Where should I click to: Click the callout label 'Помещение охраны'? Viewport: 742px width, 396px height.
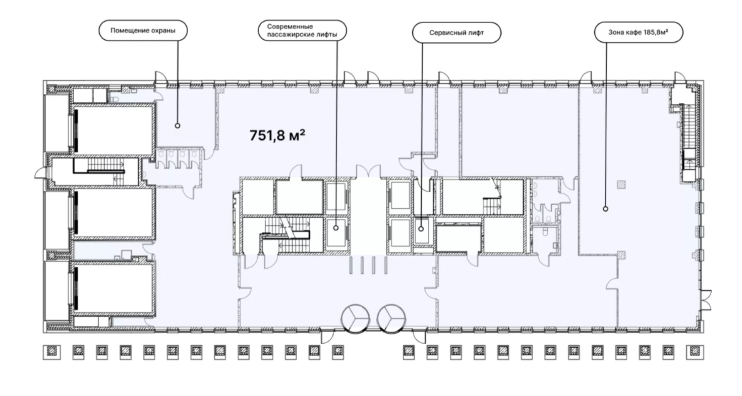coord(143,30)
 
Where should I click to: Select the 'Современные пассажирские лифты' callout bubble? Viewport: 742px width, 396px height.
coord(302,30)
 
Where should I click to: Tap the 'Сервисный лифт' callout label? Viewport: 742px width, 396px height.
coord(456,33)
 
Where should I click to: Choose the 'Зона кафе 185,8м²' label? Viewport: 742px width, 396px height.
coord(638,32)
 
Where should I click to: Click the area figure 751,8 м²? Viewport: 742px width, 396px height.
coord(277,135)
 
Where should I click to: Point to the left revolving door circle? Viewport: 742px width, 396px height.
coord(355,319)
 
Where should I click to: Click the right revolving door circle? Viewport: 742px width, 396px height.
coord(391,319)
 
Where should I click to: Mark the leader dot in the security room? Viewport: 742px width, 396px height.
coord(178,125)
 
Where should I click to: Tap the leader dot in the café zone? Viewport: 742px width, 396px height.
coord(606,209)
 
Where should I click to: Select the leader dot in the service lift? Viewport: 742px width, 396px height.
coord(421,228)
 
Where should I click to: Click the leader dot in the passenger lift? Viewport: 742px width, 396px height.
coord(336,228)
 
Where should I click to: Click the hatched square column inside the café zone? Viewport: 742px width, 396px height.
coord(621,184)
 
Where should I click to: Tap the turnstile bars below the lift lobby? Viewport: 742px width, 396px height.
coord(368,266)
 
